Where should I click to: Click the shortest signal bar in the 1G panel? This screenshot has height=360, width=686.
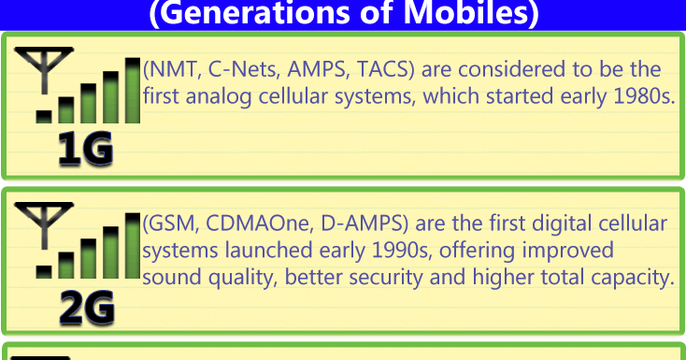[x=44, y=116]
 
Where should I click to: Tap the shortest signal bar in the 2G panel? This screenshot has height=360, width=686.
[x=44, y=271]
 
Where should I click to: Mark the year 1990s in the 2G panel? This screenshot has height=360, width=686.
[x=400, y=251]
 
